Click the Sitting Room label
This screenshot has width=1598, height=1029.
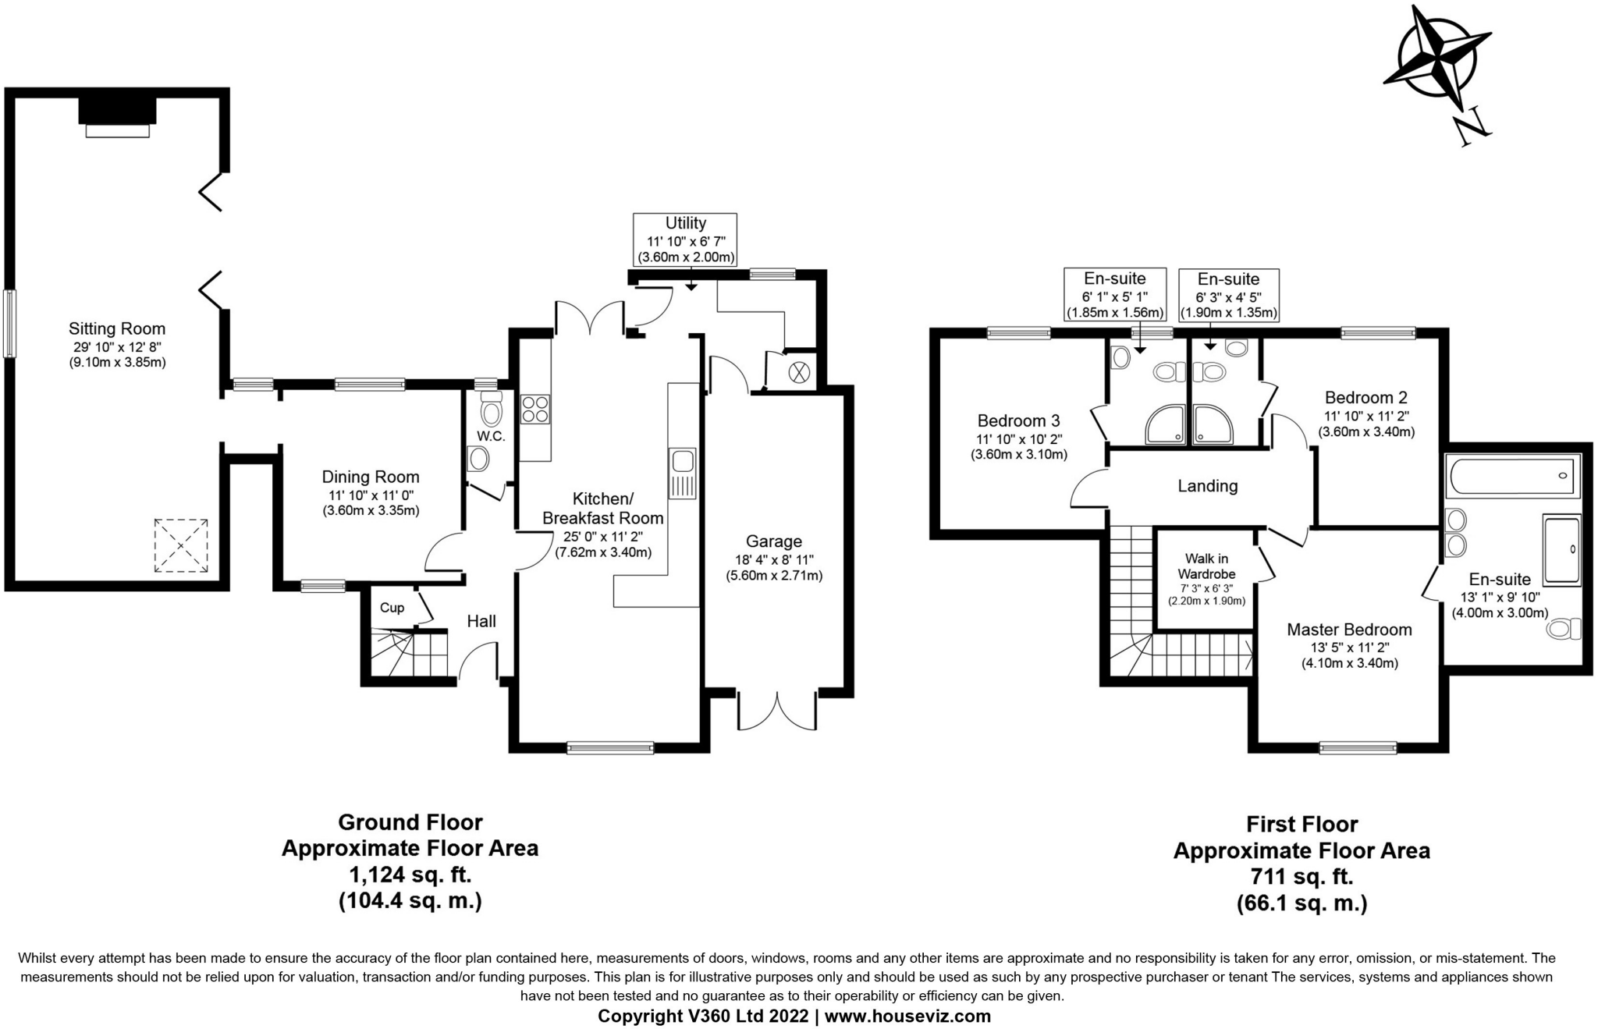click(x=117, y=328)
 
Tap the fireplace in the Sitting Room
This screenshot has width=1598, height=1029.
click(x=117, y=112)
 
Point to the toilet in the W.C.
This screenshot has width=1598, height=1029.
click(x=491, y=411)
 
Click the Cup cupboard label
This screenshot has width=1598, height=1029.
click(x=392, y=608)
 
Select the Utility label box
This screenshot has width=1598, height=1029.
click(x=686, y=240)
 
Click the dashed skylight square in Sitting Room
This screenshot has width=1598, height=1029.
click(x=181, y=546)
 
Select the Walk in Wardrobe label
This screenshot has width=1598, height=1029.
click(x=1206, y=566)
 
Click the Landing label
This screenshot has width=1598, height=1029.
click(x=1207, y=486)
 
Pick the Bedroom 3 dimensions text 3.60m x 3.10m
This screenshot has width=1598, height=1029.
click(x=1018, y=454)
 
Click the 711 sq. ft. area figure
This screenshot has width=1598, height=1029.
click(x=1301, y=877)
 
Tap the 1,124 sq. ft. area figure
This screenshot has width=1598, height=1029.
click(x=410, y=875)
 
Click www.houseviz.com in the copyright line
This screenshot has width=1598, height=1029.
click(x=907, y=1016)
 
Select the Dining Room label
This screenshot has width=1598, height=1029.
click(x=371, y=477)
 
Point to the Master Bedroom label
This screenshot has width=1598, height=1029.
click(x=1349, y=630)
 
